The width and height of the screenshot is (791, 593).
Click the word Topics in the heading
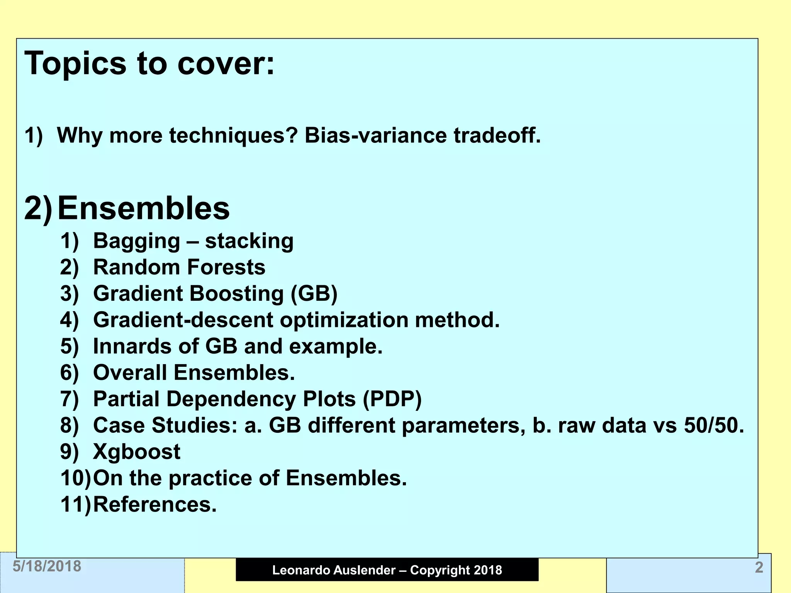(x=75, y=64)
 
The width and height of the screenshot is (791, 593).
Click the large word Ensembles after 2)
(x=143, y=208)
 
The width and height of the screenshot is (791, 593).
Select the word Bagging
(x=137, y=241)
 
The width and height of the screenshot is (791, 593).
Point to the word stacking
(x=249, y=241)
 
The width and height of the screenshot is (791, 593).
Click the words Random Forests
(x=179, y=267)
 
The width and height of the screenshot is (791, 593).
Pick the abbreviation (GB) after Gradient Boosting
(x=314, y=294)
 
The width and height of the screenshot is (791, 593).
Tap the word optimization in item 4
(x=344, y=320)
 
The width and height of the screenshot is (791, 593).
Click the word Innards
(x=132, y=346)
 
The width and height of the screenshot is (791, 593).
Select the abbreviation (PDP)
(x=392, y=399)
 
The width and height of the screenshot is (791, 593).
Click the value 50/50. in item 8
(x=714, y=425)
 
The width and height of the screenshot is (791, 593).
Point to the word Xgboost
(x=137, y=452)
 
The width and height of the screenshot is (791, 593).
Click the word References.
(x=155, y=505)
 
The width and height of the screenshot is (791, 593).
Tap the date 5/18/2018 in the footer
(x=47, y=566)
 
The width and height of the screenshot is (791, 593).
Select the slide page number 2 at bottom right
(x=759, y=568)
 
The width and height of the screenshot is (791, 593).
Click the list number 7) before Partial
(x=70, y=399)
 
